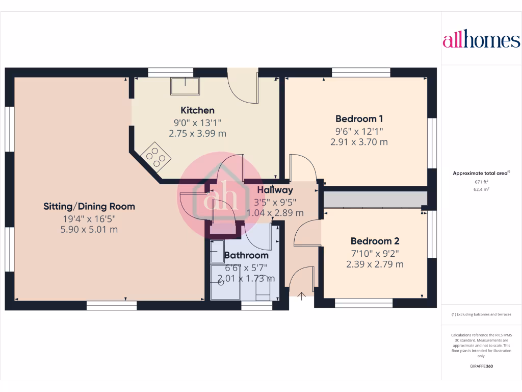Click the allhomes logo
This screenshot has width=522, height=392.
click(x=481, y=41)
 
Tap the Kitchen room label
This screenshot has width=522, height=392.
click(x=197, y=110)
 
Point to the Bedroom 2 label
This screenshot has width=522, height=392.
click(x=375, y=241)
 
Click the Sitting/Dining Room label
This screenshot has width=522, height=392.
click(x=89, y=206)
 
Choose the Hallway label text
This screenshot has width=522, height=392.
click(x=275, y=190)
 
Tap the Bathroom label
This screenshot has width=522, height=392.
click(x=246, y=255)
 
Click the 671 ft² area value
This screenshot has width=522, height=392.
click(x=481, y=182)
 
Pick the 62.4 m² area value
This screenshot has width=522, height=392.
click(x=481, y=189)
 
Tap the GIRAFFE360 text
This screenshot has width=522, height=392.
click(x=481, y=366)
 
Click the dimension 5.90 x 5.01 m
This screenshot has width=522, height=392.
click(x=89, y=230)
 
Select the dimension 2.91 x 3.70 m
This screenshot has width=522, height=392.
click(x=359, y=142)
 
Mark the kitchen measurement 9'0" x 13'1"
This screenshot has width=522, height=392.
click(x=197, y=122)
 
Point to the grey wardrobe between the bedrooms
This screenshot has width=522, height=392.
click(x=375, y=200)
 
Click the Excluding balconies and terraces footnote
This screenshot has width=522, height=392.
click(x=481, y=314)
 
